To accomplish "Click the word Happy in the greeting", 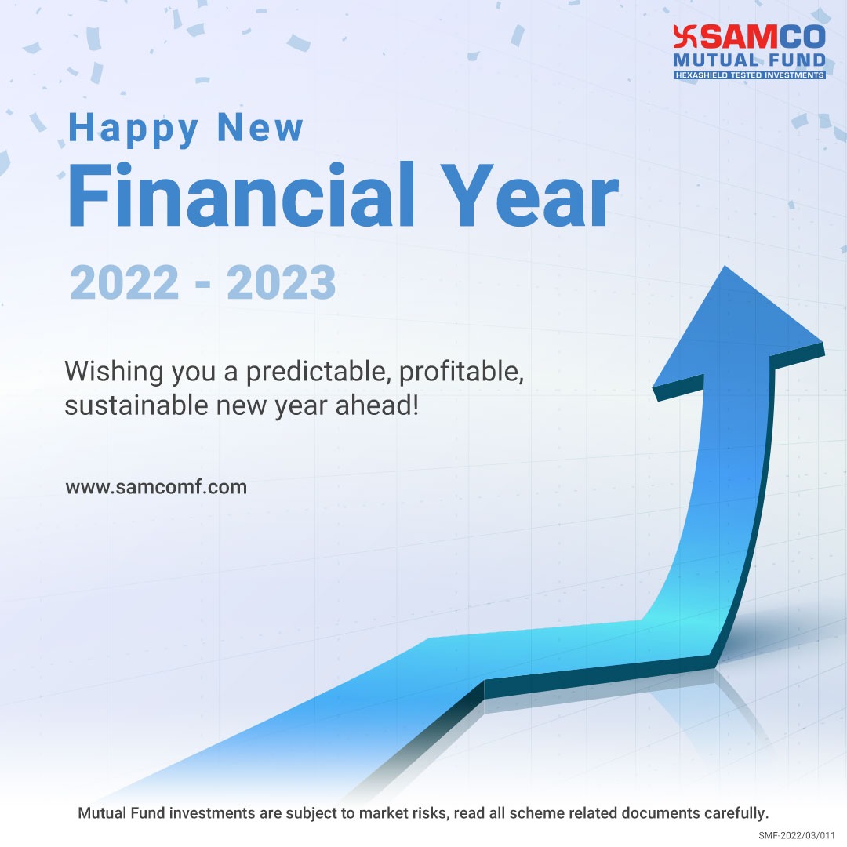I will pos(133,129).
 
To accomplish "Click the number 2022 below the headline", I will pos(125,283).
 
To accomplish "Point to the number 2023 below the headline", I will pos(282,283).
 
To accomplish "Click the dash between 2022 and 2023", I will pos(203,285).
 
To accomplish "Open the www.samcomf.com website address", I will pos(156,487).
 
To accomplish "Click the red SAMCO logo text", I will pos(759,38).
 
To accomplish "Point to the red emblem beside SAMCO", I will pos(683,38).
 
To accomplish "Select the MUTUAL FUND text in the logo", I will pos(750,60).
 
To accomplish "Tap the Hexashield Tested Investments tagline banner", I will pos(750,75).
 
